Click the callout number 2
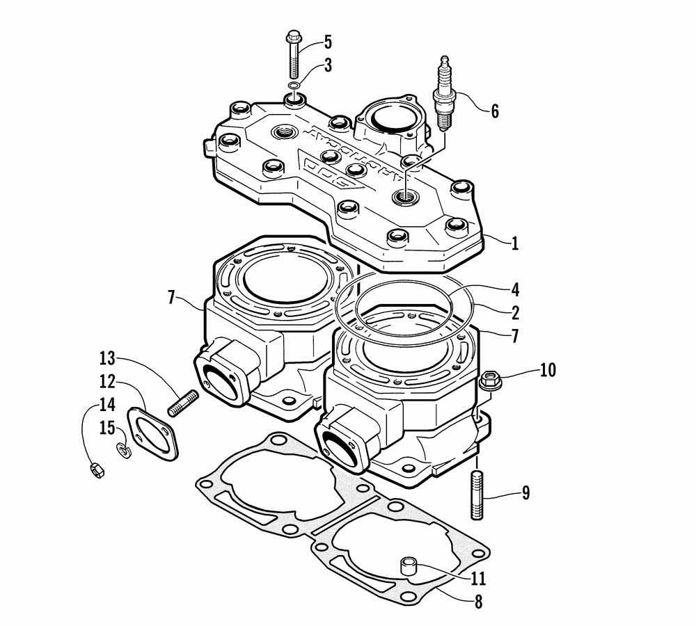(514, 312)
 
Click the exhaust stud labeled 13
(183, 404)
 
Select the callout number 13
(106, 359)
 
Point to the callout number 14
(106, 403)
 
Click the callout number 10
(548, 370)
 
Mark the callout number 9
(525, 493)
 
